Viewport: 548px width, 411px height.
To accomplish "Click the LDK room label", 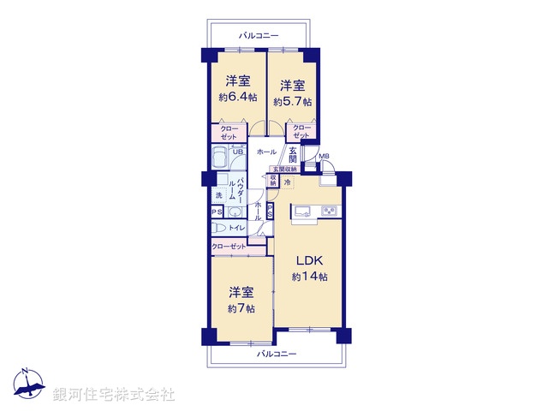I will (x=310, y=260).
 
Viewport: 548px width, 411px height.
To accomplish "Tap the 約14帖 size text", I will (x=310, y=277).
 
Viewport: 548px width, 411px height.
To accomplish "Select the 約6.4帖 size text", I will (x=237, y=97).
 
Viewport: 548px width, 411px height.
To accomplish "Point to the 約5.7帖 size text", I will (x=292, y=101).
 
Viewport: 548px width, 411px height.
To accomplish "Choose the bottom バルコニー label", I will (x=277, y=354).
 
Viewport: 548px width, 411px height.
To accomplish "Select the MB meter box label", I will (x=325, y=156).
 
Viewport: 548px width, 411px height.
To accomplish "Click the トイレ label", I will (x=237, y=228).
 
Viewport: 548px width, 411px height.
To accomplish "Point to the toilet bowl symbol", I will (x=217, y=228).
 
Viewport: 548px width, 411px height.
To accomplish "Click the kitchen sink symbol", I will (x=302, y=212).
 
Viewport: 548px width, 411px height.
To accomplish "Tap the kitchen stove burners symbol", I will (x=330, y=211).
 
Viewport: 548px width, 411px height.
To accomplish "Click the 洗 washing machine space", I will (x=218, y=195).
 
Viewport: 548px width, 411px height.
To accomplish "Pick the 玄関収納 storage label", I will (x=285, y=170).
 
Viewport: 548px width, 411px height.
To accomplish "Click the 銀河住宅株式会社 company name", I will (x=114, y=395).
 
